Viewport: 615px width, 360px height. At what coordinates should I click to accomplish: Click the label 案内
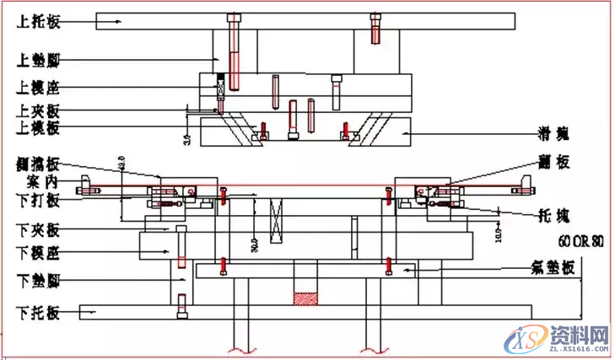pyautogui.click(x=40, y=180)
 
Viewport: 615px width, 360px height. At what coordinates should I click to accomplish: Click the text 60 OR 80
pyautogui.click(x=581, y=241)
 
